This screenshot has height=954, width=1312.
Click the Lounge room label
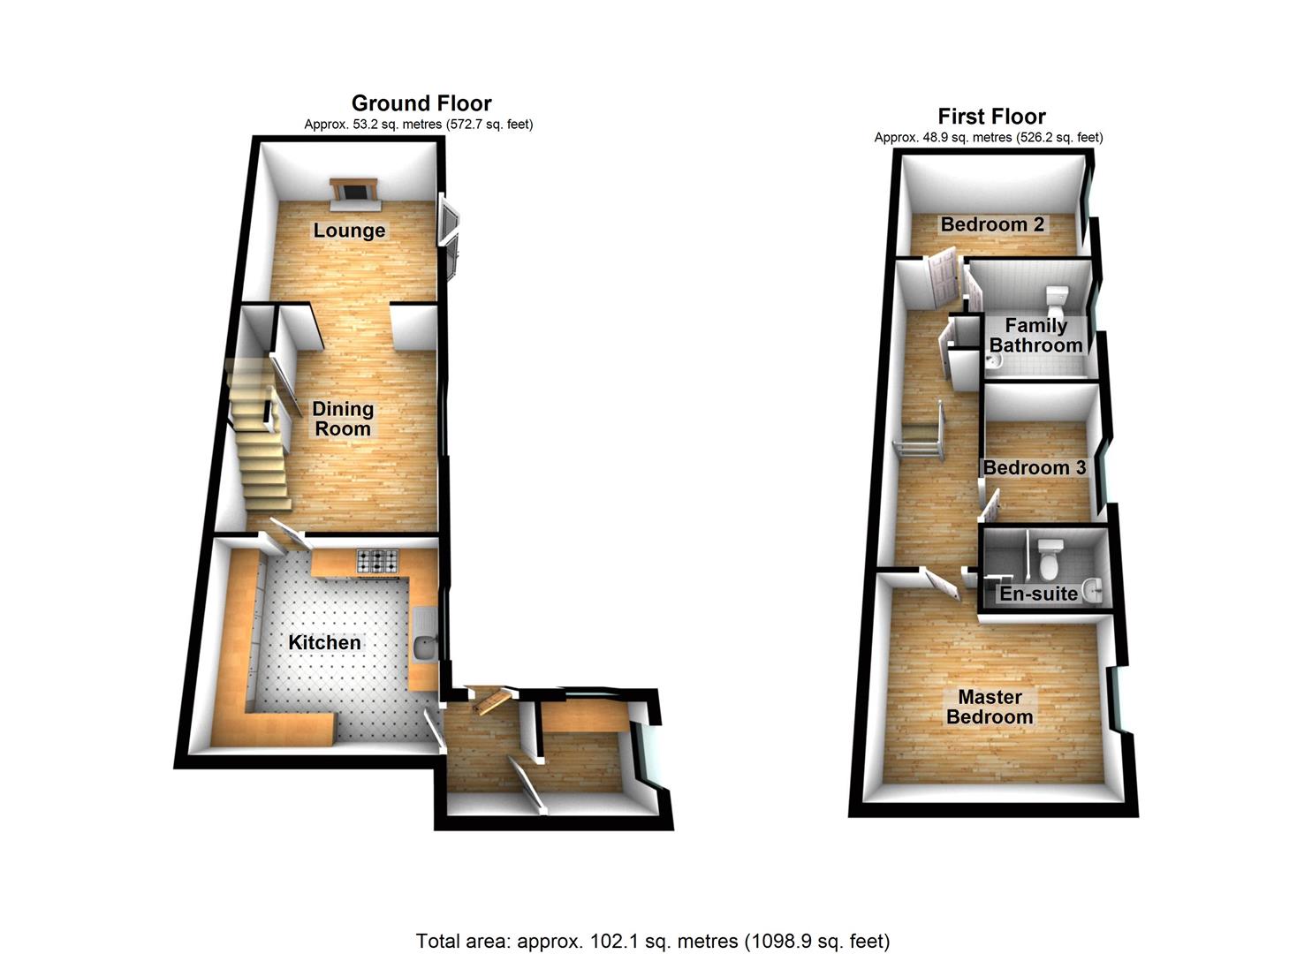(x=349, y=231)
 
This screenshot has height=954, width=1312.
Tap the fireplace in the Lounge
(x=354, y=193)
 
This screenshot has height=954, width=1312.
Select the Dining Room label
(x=343, y=419)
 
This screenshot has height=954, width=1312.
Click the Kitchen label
(x=324, y=642)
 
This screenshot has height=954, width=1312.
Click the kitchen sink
(x=424, y=647)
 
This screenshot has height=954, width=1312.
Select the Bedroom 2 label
(x=992, y=224)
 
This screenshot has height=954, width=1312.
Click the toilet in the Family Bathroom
(x=1057, y=300)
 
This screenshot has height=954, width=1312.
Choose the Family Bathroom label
(x=1035, y=336)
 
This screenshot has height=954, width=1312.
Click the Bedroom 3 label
(x=1035, y=467)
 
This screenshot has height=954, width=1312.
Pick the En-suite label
(x=1038, y=594)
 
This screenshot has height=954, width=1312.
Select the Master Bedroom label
(x=990, y=707)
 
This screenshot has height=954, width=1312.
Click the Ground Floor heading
(x=421, y=103)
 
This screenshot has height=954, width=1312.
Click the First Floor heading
(x=991, y=117)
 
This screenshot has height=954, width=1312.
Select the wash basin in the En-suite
(x=1094, y=589)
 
